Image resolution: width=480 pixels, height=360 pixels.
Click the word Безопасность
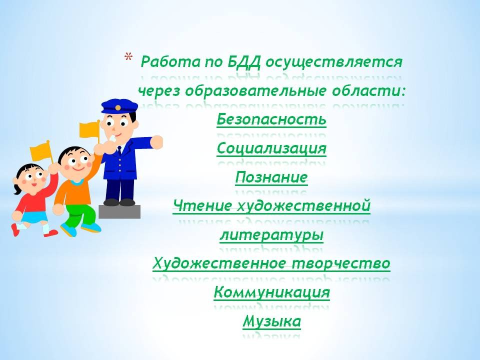click(x=271, y=119)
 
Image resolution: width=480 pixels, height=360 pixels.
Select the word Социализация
click(x=271, y=149)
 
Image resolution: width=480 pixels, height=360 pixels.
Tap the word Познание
click(x=271, y=177)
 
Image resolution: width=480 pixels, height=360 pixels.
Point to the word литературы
click(x=271, y=235)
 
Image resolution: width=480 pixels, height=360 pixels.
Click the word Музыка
click(x=272, y=321)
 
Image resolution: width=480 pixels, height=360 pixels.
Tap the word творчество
click(x=341, y=263)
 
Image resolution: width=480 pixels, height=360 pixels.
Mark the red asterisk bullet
click(x=128, y=57)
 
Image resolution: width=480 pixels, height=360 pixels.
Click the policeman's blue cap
click(x=119, y=106)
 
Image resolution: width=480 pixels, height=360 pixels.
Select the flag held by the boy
click(x=90, y=130)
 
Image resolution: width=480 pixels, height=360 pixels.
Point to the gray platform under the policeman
click(x=119, y=212)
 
